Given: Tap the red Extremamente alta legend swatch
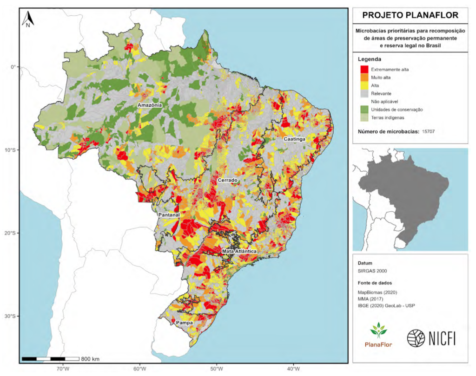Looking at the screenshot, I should coord(364,69).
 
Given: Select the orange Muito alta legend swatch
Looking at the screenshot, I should coord(364,77).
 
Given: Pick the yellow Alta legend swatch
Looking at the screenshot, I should coord(364,85).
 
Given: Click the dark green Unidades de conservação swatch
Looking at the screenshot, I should coord(364,109).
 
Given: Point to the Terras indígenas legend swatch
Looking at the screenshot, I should coord(364,117).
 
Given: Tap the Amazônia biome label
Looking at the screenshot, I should coord(150,105).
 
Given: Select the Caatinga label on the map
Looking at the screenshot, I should coord(295,139).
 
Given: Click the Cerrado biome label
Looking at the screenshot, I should coord(227,180).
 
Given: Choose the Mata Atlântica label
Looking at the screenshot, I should coord(239,251).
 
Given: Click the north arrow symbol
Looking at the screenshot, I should coord(28,19).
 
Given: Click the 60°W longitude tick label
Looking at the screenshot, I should coord(139,370).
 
